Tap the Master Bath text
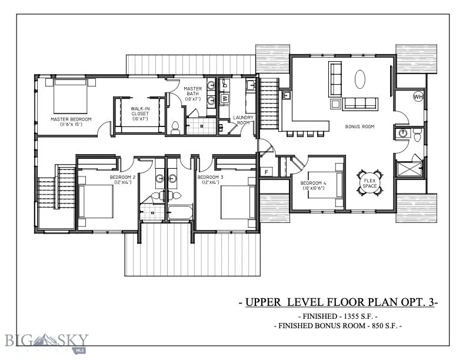point(194,94)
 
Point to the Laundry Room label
point(242,121)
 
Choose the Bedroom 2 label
point(122,179)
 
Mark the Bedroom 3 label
point(209,179)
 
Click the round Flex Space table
point(369,182)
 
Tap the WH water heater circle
point(418,97)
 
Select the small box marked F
point(267,172)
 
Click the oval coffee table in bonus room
point(361,78)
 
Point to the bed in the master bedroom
point(71,96)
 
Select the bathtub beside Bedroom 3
point(180,212)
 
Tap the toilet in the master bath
point(175,126)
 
